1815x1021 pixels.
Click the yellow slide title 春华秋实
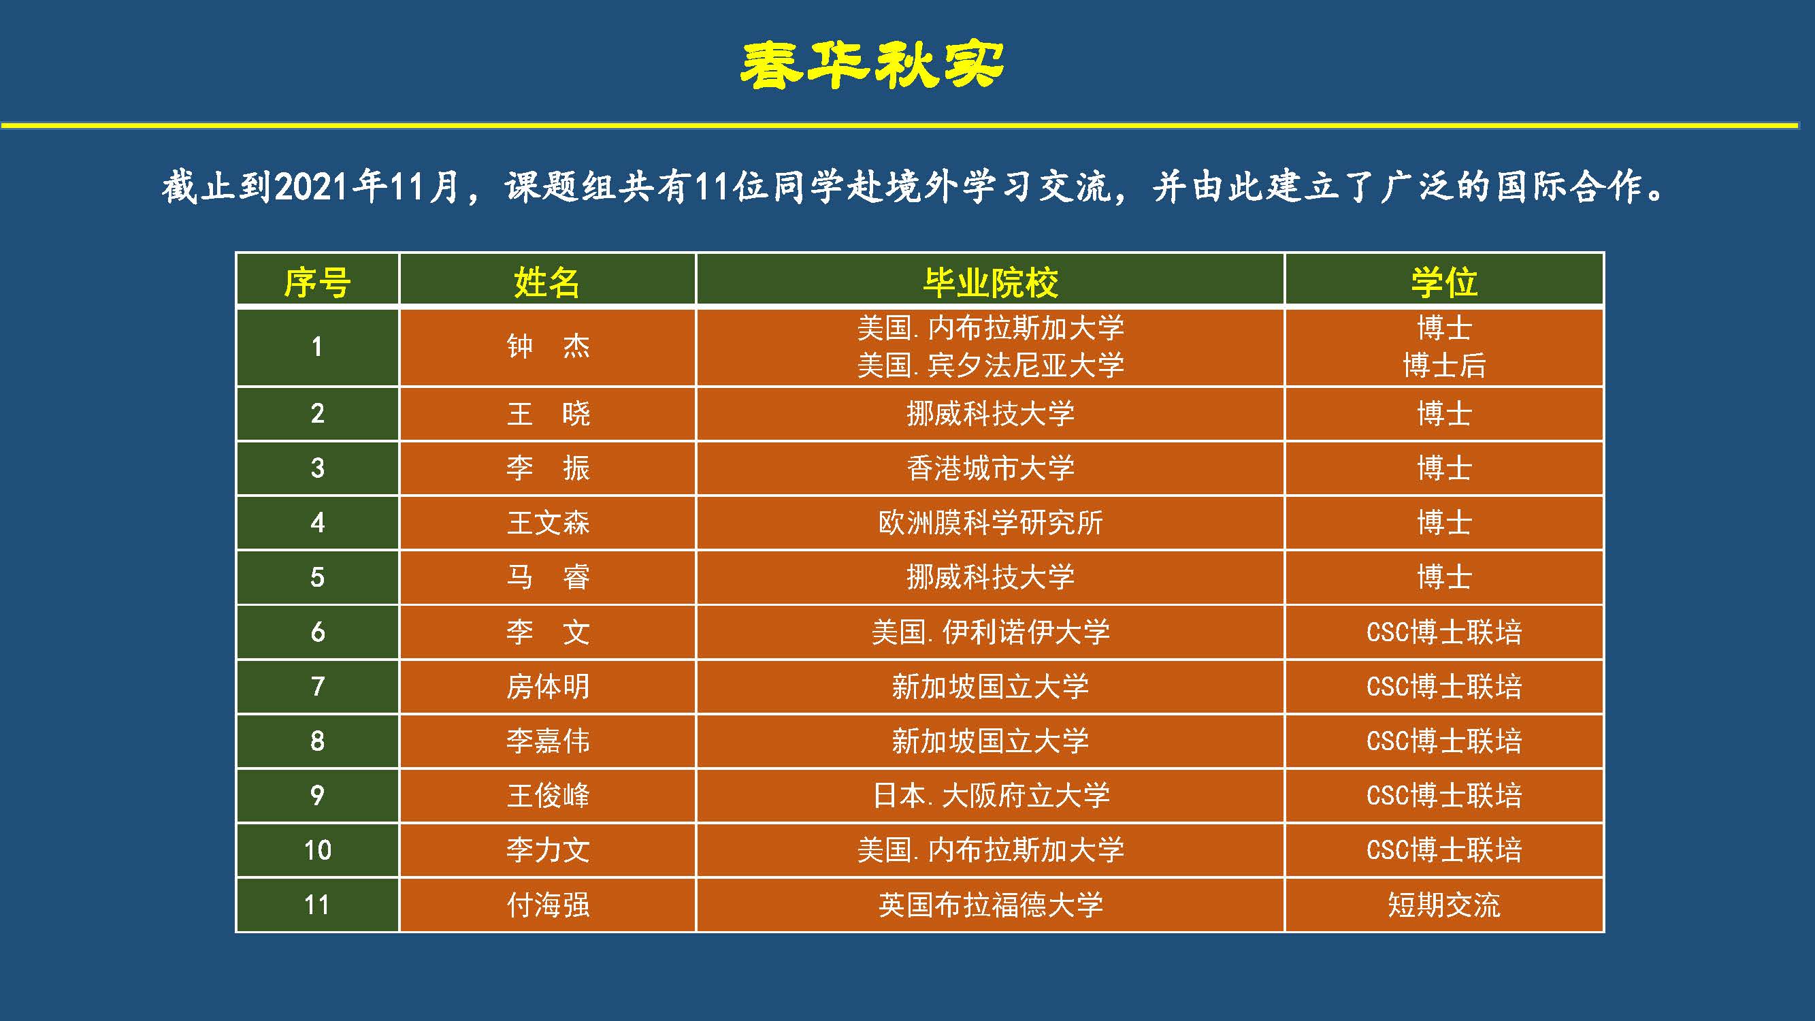click(x=872, y=65)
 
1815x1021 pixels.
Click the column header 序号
click(x=317, y=282)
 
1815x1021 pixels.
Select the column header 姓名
click(x=546, y=282)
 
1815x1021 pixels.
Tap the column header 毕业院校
click(x=991, y=282)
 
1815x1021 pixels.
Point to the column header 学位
click(x=1443, y=282)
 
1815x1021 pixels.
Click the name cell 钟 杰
click(x=548, y=346)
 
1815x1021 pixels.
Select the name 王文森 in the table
click(x=548, y=522)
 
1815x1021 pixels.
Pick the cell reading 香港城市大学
click(x=991, y=468)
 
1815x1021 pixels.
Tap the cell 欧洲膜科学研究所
click(x=991, y=522)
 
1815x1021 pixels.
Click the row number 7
click(x=318, y=686)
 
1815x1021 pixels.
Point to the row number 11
click(x=317, y=905)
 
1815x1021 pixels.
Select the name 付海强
click(x=548, y=905)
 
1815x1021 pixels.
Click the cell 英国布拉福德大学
click(x=991, y=905)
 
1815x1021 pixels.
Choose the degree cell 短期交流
click(x=1443, y=905)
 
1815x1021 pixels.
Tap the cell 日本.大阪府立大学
click(x=991, y=796)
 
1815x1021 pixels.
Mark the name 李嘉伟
click(x=548, y=741)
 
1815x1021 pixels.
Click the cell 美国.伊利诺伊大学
click(x=991, y=632)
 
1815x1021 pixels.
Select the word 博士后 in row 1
click(x=1443, y=365)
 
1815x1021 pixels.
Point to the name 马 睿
click(x=548, y=577)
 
